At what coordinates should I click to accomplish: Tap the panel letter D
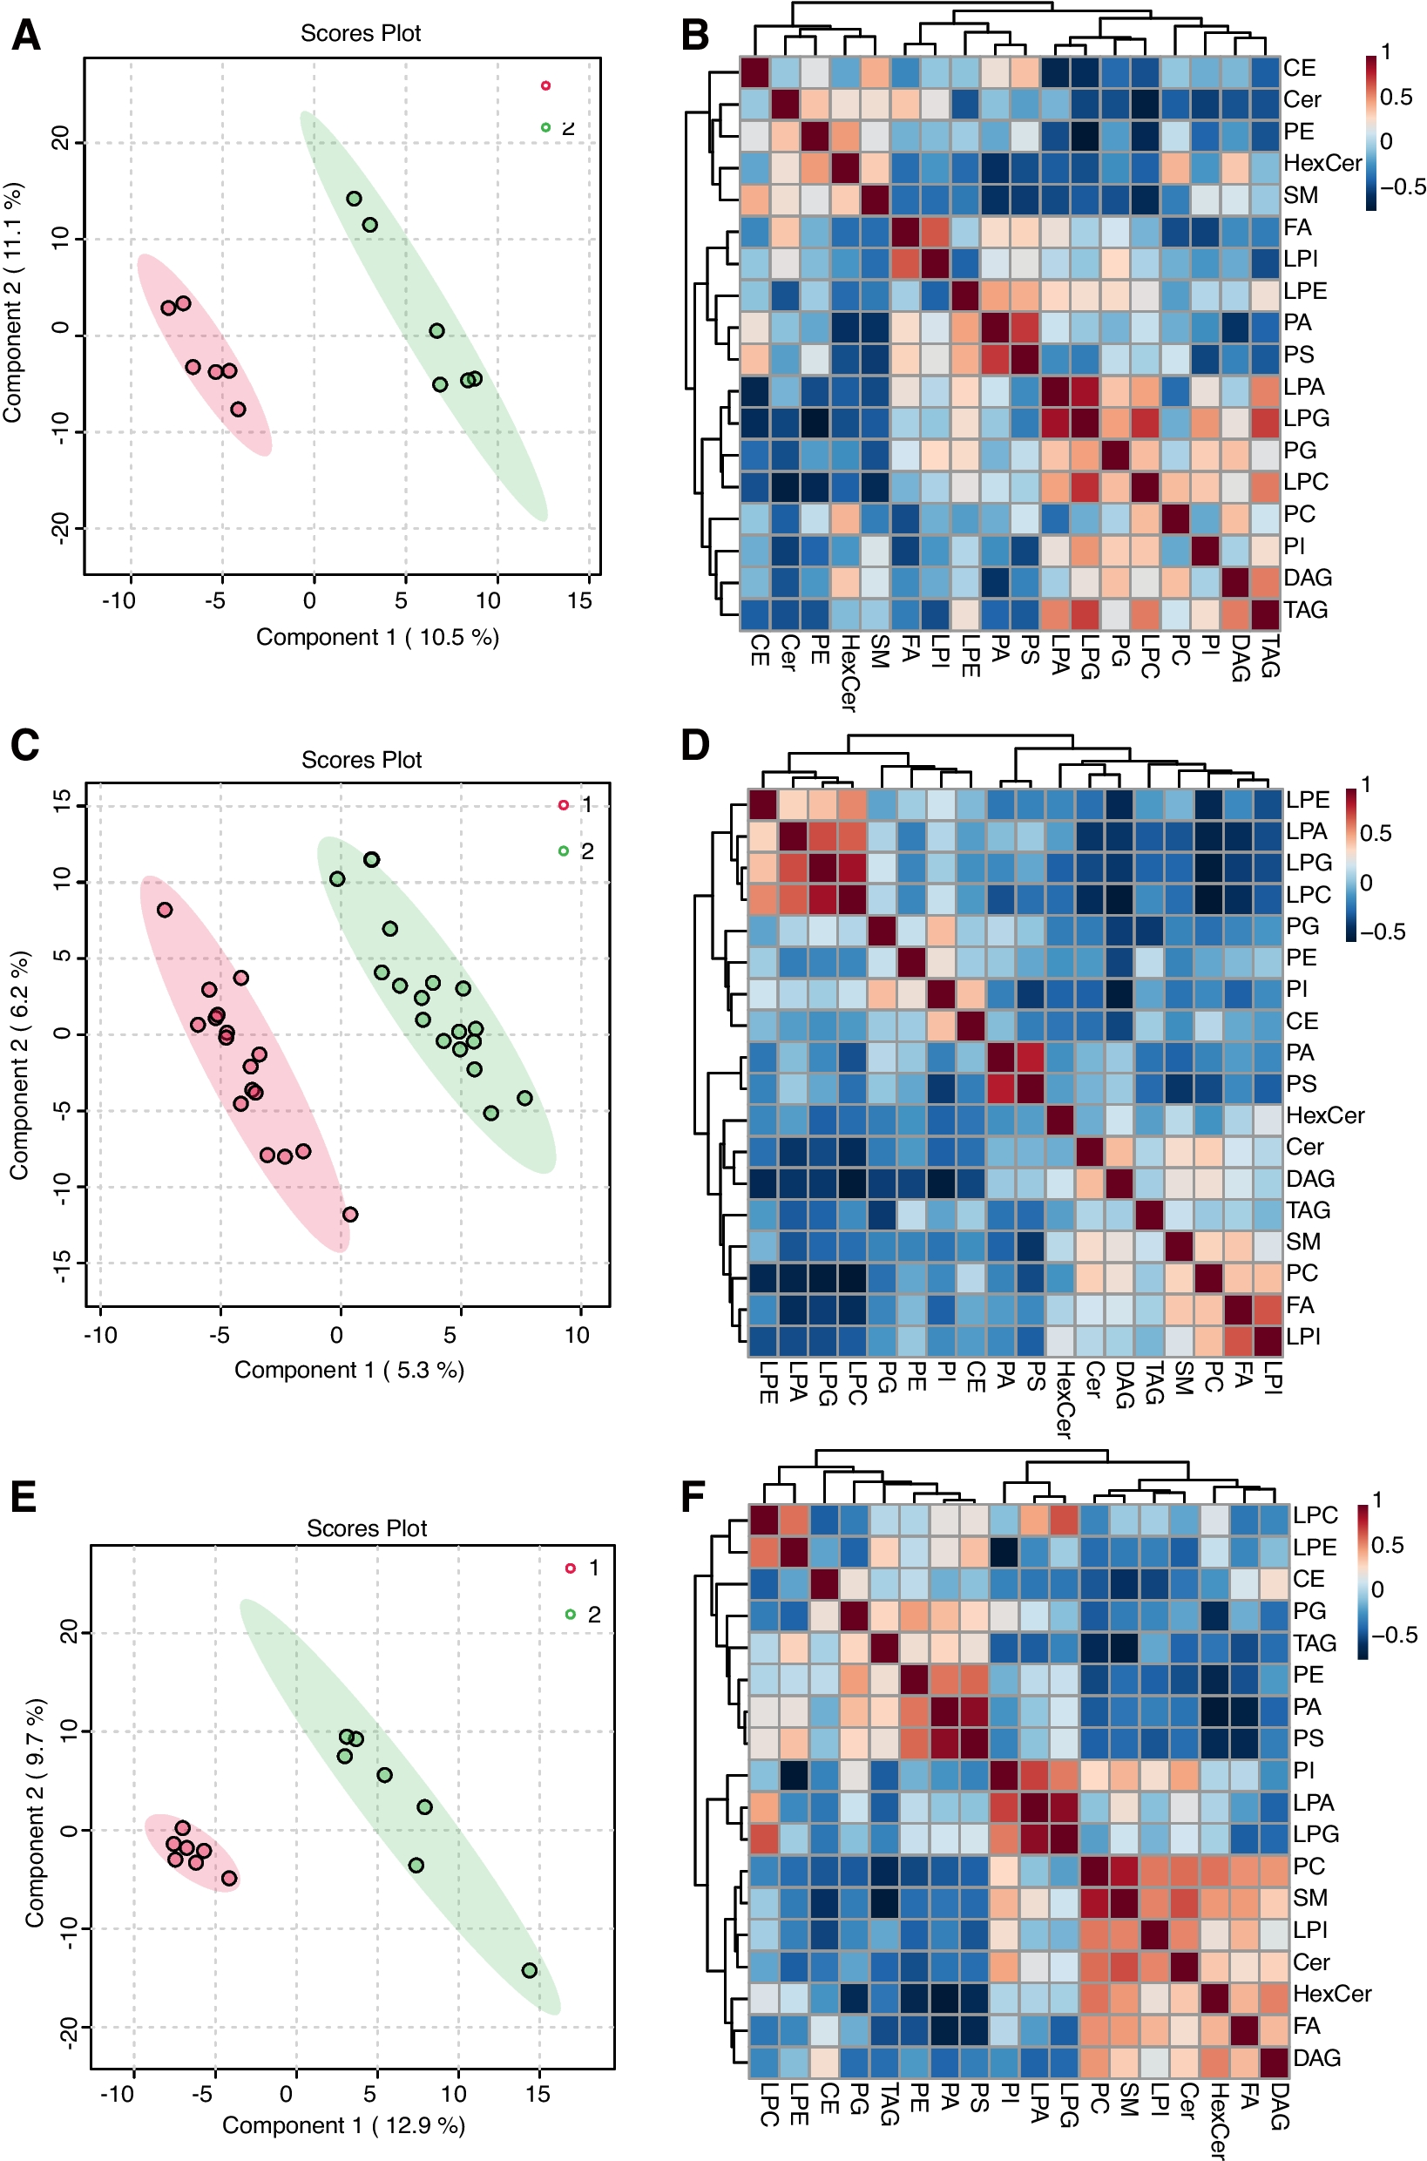[x=695, y=746]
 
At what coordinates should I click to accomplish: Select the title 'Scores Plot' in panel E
[x=366, y=1528]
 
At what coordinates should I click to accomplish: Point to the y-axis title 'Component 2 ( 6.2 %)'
[x=19, y=1066]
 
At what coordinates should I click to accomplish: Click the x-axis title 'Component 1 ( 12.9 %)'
[x=343, y=2125]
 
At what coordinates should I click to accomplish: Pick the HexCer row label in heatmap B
[x=1322, y=163]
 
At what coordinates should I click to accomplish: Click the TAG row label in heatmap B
[x=1305, y=610]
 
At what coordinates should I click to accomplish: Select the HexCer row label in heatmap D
[x=1324, y=1115]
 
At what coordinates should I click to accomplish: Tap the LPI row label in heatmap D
[x=1302, y=1337]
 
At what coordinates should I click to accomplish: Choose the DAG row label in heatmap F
[x=1316, y=2058]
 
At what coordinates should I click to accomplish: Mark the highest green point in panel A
[x=354, y=199]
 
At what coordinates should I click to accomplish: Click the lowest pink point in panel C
[x=350, y=1215]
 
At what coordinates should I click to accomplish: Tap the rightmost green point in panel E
[x=530, y=1970]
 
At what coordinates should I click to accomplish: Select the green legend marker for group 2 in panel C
[x=564, y=851]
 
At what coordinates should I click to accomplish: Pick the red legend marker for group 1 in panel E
[x=571, y=1568]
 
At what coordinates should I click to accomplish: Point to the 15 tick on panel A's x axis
[x=579, y=600]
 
